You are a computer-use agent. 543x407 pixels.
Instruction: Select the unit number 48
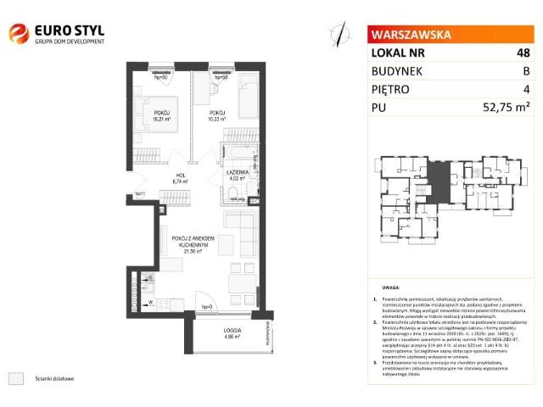coord(523,53)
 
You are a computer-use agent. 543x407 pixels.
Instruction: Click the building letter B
coord(526,71)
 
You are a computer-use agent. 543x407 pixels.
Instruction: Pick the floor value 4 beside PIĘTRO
coord(526,89)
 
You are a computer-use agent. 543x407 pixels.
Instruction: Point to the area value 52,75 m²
coord(506,108)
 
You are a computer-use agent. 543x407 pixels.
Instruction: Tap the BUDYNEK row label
coord(397,71)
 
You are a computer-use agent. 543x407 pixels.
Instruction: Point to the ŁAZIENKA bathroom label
coord(237,171)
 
